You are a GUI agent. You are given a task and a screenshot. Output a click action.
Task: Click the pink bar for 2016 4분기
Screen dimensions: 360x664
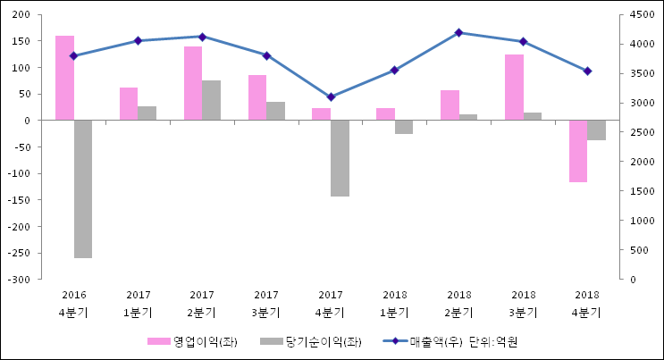click(64, 78)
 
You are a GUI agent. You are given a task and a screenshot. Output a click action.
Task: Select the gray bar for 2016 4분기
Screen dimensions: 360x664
click(83, 188)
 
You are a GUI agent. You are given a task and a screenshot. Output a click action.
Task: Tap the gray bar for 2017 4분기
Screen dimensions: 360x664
click(340, 158)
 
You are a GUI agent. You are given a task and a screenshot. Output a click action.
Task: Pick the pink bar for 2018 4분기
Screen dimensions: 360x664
click(578, 151)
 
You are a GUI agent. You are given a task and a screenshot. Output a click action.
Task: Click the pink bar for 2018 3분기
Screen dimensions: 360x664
click(514, 88)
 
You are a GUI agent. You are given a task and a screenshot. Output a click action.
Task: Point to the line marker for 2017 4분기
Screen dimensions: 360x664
click(331, 96)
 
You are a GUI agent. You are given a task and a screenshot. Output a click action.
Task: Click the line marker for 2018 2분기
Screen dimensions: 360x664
click(459, 33)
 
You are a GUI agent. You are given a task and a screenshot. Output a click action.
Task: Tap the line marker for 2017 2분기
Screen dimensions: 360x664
click(202, 37)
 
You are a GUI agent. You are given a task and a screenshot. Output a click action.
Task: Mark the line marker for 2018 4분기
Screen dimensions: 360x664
click(587, 71)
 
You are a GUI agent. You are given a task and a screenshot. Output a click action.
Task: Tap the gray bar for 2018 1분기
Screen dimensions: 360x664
click(404, 127)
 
